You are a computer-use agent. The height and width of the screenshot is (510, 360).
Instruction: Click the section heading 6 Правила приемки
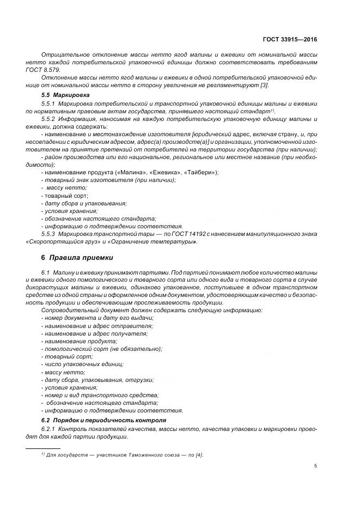[x=76, y=257]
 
